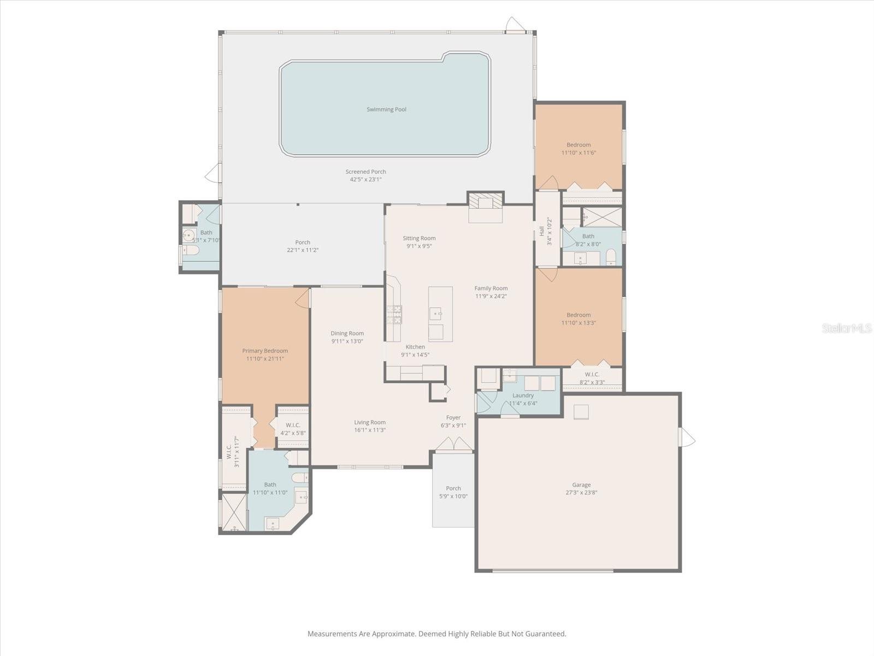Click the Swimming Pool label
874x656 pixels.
click(x=386, y=109)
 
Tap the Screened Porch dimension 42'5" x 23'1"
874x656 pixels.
click(x=365, y=179)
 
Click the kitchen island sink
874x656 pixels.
click(x=435, y=313)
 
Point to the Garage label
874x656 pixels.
click(x=581, y=484)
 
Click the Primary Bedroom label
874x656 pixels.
click(x=265, y=351)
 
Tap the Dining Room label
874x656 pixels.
click(x=347, y=333)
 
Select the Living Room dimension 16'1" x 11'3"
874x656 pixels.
click(x=370, y=430)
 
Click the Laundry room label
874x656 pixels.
click(x=523, y=395)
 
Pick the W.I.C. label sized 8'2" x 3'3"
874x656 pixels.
click(x=592, y=374)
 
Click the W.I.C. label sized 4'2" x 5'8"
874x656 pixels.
click(x=293, y=425)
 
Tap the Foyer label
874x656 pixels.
click(x=453, y=418)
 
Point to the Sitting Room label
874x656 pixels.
click(x=419, y=238)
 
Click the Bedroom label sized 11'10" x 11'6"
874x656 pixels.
click(x=578, y=145)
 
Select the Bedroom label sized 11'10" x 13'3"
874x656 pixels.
click(x=578, y=315)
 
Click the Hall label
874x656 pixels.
click(x=542, y=231)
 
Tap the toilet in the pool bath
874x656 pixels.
click(x=190, y=251)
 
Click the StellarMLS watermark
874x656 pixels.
click(x=846, y=328)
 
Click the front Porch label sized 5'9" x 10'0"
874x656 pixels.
click(x=453, y=488)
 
